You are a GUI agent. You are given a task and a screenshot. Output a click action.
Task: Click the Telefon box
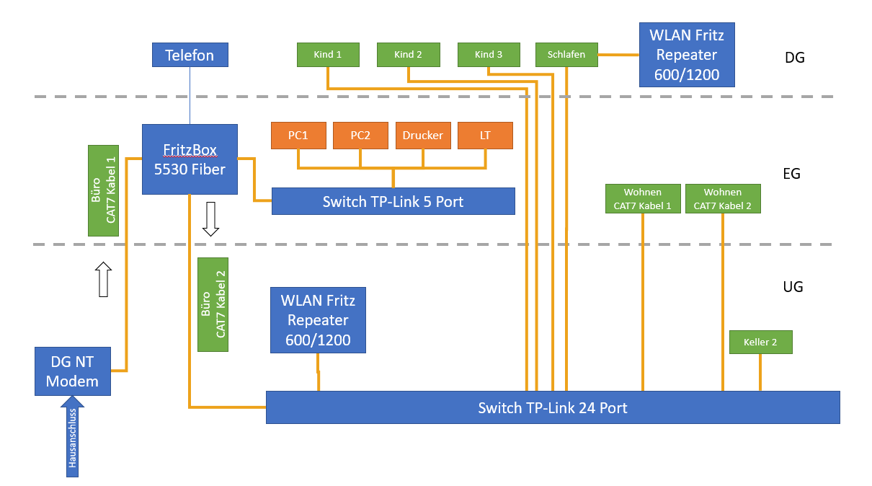pyautogui.click(x=190, y=56)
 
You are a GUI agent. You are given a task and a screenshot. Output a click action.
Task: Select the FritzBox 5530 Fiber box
pyautogui.click(x=190, y=159)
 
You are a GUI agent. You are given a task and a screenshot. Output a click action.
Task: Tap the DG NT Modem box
pyautogui.click(x=73, y=371)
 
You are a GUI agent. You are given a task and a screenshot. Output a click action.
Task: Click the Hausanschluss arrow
pyautogui.click(x=72, y=440)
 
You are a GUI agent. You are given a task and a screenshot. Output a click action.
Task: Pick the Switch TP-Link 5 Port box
pyautogui.click(x=393, y=201)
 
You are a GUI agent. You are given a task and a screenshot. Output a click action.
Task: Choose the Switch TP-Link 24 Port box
pyautogui.click(x=553, y=407)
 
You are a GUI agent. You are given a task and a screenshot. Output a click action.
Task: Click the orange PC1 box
pyautogui.click(x=298, y=136)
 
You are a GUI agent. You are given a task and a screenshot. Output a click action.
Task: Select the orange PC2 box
pyautogui.click(x=360, y=136)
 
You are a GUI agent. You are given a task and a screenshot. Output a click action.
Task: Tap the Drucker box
pyautogui.click(x=423, y=136)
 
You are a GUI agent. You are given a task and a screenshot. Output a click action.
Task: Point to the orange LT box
pyautogui.click(x=485, y=136)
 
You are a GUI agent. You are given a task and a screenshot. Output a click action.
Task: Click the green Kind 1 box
pyautogui.click(x=328, y=55)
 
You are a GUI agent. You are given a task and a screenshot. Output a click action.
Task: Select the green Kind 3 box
pyautogui.click(x=489, y=55)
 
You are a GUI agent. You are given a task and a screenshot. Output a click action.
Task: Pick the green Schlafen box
pyautogui.click(x=566, y=55)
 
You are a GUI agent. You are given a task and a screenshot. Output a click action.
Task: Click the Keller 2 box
pyautogui.click(x=760, y=343)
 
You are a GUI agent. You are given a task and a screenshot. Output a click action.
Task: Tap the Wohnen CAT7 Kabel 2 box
pyautogui.click(x=722, y=199)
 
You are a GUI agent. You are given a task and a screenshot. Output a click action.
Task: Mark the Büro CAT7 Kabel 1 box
pyautogui.click(x=103, y=190)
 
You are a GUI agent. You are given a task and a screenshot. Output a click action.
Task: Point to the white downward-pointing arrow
pyautogui.click(x=210, y=219)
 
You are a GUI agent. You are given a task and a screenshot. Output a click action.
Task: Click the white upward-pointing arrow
pyautogui.click(x=104, y=280)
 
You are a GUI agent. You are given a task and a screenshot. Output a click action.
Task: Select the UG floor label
pyautogui.click(x=793, y=286)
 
